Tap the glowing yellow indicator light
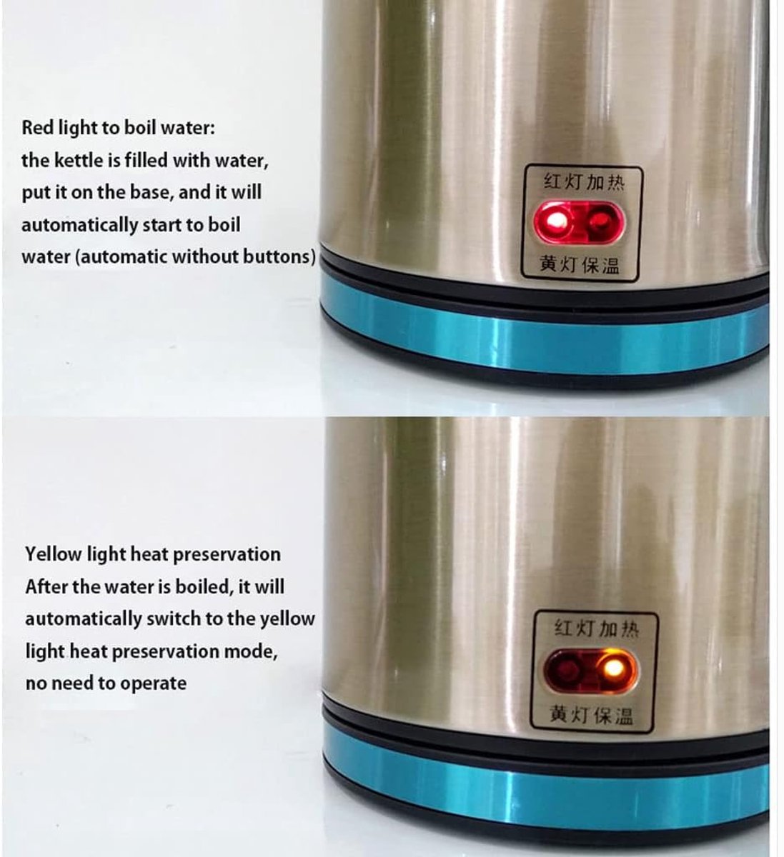[613, 668]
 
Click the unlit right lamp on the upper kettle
[600, 222]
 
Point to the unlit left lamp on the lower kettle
[567, 668]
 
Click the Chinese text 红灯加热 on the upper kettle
[584, 182]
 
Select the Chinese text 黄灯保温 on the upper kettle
[580, 264]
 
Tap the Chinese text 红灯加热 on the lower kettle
[596, 628]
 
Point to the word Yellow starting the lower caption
[54, 554]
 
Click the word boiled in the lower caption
[205, 586]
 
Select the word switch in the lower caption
[174, 618]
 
